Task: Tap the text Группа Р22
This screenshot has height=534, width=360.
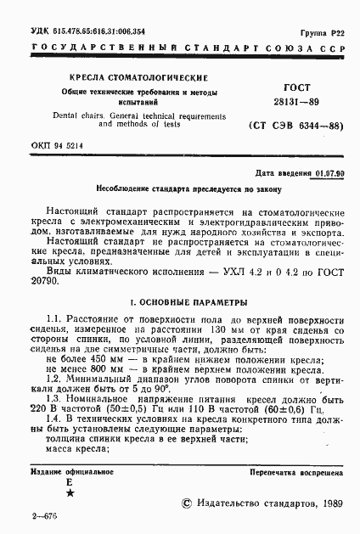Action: (x=327, y=30)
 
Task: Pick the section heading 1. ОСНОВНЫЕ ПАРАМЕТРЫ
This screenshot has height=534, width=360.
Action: (x=180, y=301)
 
